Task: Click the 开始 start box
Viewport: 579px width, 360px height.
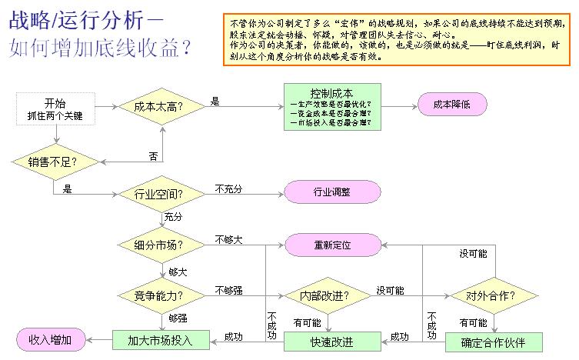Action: pos(55,108)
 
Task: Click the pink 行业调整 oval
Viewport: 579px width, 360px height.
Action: pos(332,192)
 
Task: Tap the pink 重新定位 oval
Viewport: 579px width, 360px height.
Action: pos(332,245)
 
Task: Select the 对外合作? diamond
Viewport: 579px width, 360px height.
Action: pos(492,295)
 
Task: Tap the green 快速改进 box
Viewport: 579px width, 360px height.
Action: pos(333,341)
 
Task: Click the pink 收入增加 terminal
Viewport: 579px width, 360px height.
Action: pos(51,339)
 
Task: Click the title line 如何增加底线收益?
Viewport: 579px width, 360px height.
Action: pos(101,48)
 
